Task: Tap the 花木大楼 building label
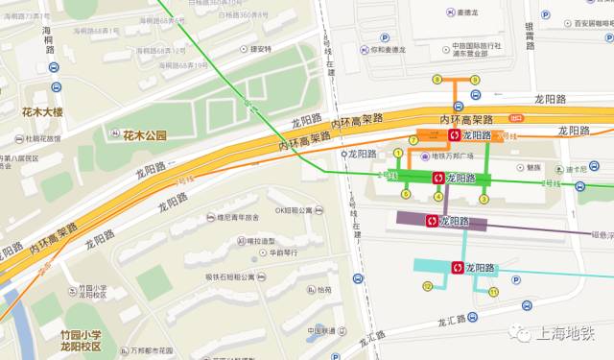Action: coord(41,112)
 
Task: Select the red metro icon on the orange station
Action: coord(455,135)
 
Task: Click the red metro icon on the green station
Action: coord(438,178)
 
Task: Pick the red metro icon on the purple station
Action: coord(432,221)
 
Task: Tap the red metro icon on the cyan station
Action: coord(458,268)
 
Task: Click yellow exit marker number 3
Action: coord(484,199)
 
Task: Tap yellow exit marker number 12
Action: coord(427,286)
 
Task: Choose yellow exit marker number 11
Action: coord(494,291)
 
